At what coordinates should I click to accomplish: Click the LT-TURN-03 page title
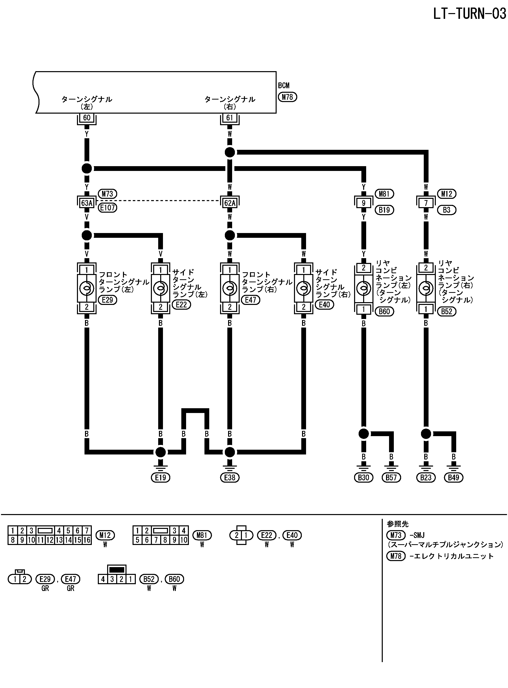coord(469,14)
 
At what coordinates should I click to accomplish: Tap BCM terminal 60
coord(87,118)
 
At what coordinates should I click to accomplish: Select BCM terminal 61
coord(230,118)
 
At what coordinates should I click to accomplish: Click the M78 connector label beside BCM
coord(287,97)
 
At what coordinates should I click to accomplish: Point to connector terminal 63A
coord(87,203)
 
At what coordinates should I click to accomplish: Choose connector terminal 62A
coord(230,203)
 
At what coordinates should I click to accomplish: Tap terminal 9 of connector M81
coord(363,203)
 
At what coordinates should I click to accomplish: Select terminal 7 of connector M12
coord(426,203)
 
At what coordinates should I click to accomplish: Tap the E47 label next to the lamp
coord(251,300)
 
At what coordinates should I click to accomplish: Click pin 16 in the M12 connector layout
coord(87,540)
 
